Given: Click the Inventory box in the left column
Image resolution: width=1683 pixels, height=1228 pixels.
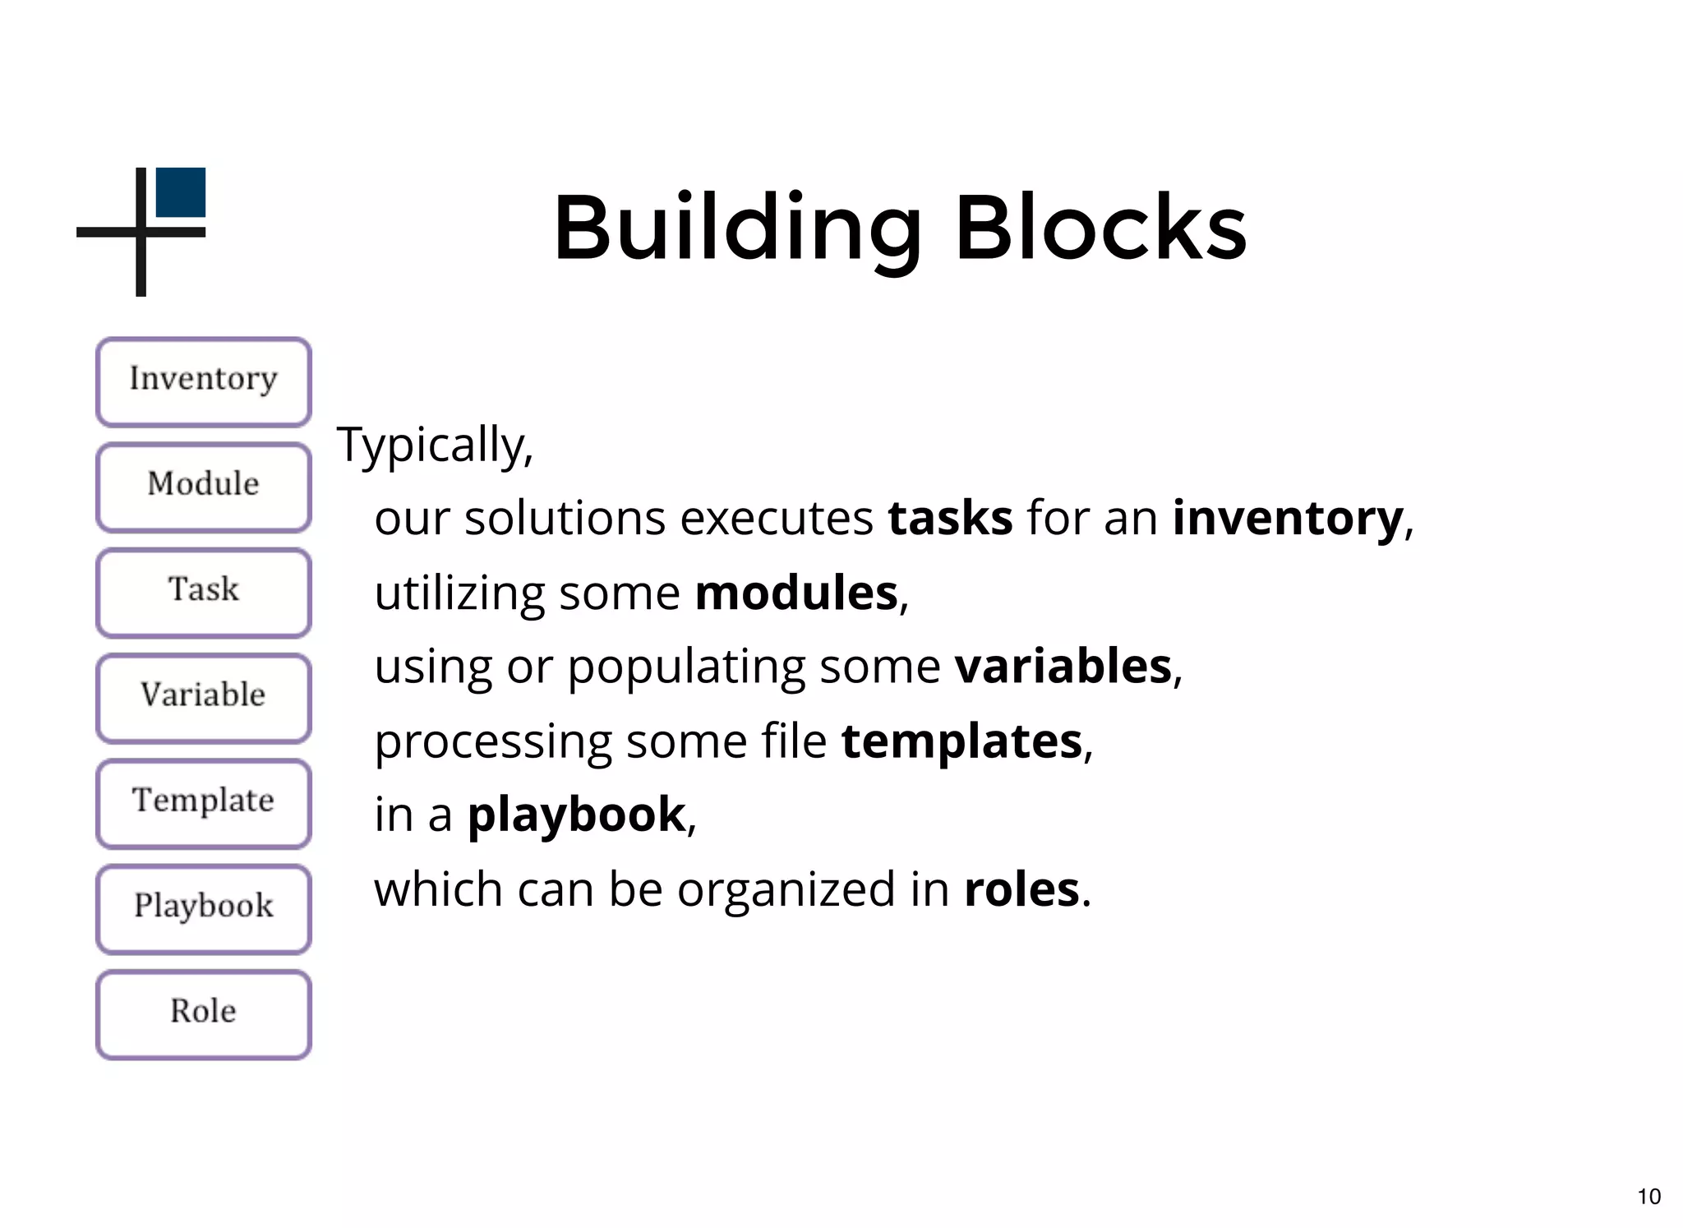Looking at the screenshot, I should tap(203, 381).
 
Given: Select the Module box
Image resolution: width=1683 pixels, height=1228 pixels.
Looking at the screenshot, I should tap(203, 487).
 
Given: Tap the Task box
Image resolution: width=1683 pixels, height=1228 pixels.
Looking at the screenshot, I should tap(203, 592).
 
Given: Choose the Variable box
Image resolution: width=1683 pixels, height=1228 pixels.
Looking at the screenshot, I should tap(203, 698).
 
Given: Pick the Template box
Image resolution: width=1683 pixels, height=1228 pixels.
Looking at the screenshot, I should tap(203, 803).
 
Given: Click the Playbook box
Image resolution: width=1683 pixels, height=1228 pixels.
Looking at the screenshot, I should tap(203, 908).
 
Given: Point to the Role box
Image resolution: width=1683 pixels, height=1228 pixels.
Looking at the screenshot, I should tap(203, 1013).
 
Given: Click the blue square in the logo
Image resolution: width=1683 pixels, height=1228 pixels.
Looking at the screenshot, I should tap(181, 192).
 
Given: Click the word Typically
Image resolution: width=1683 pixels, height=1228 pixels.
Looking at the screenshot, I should tap(435, 445).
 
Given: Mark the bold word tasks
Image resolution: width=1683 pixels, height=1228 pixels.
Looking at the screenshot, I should tap(950, 519).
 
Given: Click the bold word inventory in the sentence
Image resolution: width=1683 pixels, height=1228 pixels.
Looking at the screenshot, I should tap(1288, 519).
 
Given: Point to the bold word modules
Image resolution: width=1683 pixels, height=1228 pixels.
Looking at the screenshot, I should tap(796, 593).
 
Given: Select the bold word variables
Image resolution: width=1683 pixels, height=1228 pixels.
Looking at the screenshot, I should tap(1063, 666).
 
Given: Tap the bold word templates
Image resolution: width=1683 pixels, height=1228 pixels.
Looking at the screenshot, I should tap(962, 741).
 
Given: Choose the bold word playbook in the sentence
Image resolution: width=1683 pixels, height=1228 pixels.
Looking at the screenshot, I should tap(576, 815).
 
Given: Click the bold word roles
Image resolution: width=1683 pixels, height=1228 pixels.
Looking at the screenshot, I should tap(1021, 889).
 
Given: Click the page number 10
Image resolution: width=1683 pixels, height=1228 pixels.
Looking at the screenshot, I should tap(1648, 1196).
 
